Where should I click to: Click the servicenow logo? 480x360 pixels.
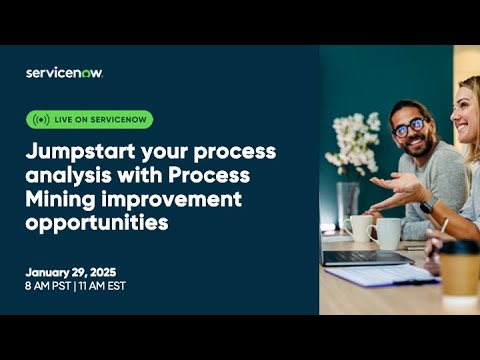(64, 72)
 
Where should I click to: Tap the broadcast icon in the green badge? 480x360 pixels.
(41, 119)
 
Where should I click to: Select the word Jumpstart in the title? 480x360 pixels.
(81, 151)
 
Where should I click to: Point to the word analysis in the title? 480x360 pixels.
(64, 174)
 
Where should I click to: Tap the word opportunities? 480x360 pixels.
(97, 220)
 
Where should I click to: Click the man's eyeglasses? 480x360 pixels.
(409, 128)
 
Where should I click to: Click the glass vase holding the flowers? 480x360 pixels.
(347, 200)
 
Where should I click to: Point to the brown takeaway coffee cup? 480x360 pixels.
(459, 272)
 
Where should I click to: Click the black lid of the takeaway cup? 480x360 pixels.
(459, 247)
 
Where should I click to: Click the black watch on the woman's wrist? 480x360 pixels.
(427, 206)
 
